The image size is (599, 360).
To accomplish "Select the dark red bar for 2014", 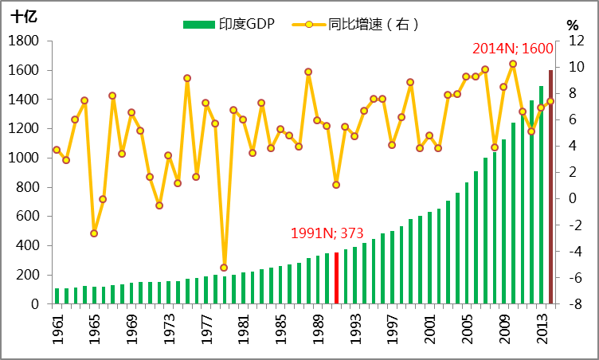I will coord(550,187).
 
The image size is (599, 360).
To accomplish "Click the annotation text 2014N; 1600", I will coord(513,49).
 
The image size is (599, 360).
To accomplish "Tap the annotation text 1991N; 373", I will coord(327,233).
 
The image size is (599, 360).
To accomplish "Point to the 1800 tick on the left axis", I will coord(23,41).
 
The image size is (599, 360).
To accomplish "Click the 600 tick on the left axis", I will coord(26,217).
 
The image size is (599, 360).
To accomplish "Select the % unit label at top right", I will coord(572,25).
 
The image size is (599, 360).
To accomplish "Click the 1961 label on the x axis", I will coord(57,329).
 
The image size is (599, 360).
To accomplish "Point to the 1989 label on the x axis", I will coord(318,329).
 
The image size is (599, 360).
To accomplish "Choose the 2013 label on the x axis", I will coord(542,329).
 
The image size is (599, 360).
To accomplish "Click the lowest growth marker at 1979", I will coord(224,268).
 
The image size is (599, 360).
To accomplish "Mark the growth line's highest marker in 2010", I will coord(513,64).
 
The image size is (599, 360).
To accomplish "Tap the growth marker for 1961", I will coord(57,150).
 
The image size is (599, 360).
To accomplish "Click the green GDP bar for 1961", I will coord(57,296).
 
